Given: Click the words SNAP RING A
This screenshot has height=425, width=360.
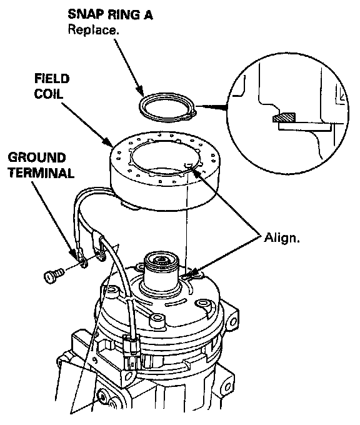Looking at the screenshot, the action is click(x=110, y=14).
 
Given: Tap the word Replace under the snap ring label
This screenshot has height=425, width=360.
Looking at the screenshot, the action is click(x=93, y=30).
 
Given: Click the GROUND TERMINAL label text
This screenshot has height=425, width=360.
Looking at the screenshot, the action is click(x=41, y=165).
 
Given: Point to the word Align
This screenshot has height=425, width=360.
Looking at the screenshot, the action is click(x=282, y=237).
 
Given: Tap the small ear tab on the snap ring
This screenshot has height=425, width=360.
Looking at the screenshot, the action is click(x=192, y=114).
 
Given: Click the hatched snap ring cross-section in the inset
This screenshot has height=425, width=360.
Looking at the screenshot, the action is click(x=284, y=117).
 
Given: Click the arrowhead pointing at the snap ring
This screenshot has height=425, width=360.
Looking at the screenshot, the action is click(x=139, y=91).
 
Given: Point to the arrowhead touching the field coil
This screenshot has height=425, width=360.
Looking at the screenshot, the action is click(x=108, y=142).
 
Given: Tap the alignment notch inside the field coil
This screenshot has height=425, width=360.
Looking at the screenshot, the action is click(x=187, y=164).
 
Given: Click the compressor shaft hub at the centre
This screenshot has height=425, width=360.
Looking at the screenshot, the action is click(x=162, y=271).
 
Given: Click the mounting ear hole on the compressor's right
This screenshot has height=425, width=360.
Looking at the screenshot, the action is click(x=232, y=322).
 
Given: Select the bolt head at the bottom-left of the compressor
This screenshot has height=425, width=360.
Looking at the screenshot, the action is click(x=103, y=397).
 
